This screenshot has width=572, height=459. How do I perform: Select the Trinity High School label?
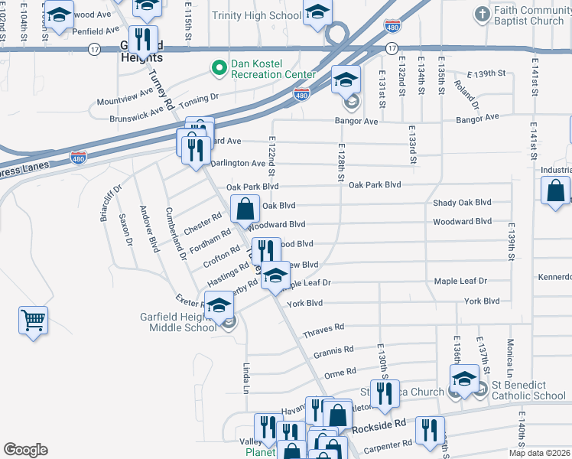pyautogui.click(x=256, y=15)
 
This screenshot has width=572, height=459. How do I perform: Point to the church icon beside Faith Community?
pyautogui.click(x=482, y=14)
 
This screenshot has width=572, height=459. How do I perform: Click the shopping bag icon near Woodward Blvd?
pyautogui.click(x=245, y=209)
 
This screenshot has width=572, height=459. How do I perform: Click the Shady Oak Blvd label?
pyautogui.click(x=462, y=203)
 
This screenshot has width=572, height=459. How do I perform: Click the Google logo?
pyautogui.click(x=25, y=450)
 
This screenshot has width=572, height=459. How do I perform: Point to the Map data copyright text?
pyautogui.click(x=540, y=454)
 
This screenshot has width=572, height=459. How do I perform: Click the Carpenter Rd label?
pyautogui.click(x=392, y=446)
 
